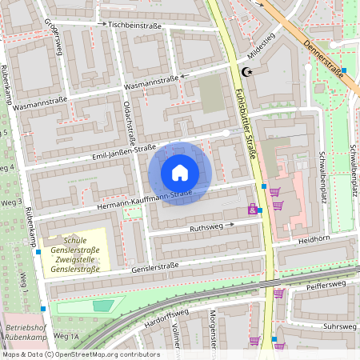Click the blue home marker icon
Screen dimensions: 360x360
(180, 172)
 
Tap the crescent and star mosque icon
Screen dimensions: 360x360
(247, 72)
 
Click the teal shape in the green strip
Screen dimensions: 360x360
(102, 305)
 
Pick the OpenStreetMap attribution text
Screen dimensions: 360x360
(80, 354)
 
